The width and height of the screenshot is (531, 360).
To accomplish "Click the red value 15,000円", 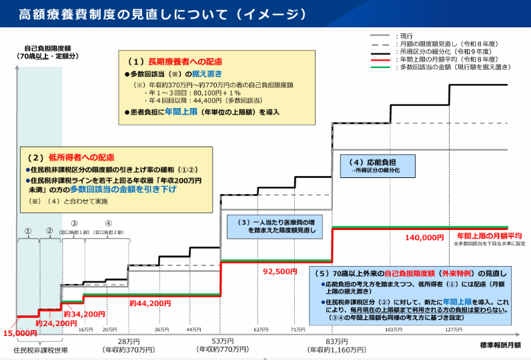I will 20,333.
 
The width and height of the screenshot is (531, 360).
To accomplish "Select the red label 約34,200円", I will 85,313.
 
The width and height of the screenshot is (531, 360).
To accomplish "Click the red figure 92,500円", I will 280,271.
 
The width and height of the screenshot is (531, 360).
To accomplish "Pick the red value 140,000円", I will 424,237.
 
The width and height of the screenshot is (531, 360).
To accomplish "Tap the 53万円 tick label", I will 219,340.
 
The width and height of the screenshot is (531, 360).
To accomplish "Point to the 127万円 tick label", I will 454,329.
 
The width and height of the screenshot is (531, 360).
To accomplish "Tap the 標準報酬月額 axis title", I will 500,345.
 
